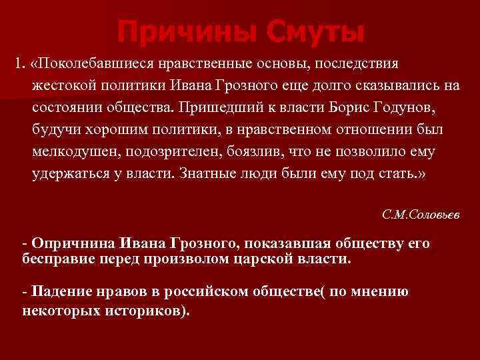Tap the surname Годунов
pos(399,107)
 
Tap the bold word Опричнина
pos(71,244)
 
